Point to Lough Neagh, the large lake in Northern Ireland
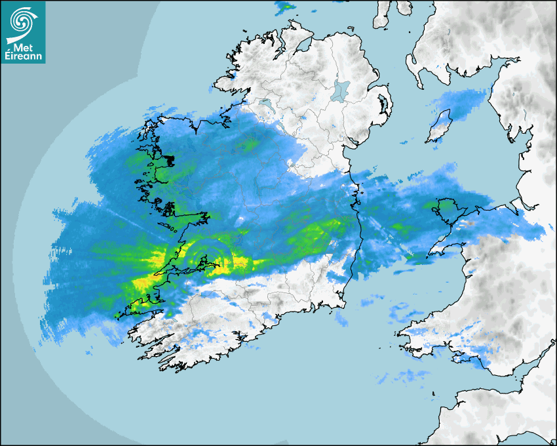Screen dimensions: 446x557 click(341, 90)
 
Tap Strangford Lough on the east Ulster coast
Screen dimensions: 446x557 click(384, 105)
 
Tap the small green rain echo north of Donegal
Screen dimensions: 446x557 click(284, 8)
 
